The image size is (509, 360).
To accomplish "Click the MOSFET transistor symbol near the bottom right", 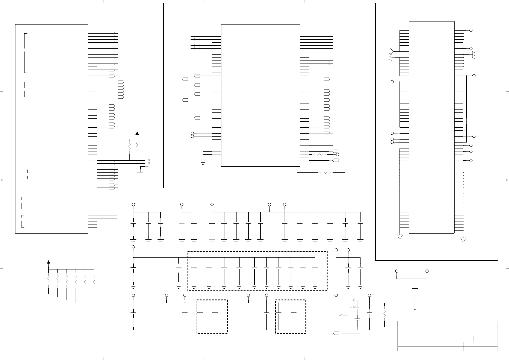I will [x=354, y=303].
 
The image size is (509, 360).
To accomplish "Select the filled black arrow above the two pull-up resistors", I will [x=137, y=133].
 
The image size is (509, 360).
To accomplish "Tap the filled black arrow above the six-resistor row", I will [x=48, y=262].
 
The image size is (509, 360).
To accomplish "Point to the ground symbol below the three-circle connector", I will [x=140, y=173].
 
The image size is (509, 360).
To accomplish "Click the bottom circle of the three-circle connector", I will [x=148, y=166].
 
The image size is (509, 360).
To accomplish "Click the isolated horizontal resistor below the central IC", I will [x=326, y=173].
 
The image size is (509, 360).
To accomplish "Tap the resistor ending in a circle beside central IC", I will [x=319, y=155].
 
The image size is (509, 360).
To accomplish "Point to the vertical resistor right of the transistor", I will [x=384, y=314].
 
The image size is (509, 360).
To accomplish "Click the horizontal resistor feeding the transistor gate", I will [x=344, y=315].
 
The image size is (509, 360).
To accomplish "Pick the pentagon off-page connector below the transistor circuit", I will [x=336, y=333].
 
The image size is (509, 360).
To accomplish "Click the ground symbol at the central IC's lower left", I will [x=203, y=162].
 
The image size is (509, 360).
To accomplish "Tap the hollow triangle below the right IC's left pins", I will [x=400, y=237].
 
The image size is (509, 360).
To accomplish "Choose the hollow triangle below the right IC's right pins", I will [x=463, y=240].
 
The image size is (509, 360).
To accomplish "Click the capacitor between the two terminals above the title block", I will [x=415, y=289].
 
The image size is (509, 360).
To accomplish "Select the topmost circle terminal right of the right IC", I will [x=471, y=30].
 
